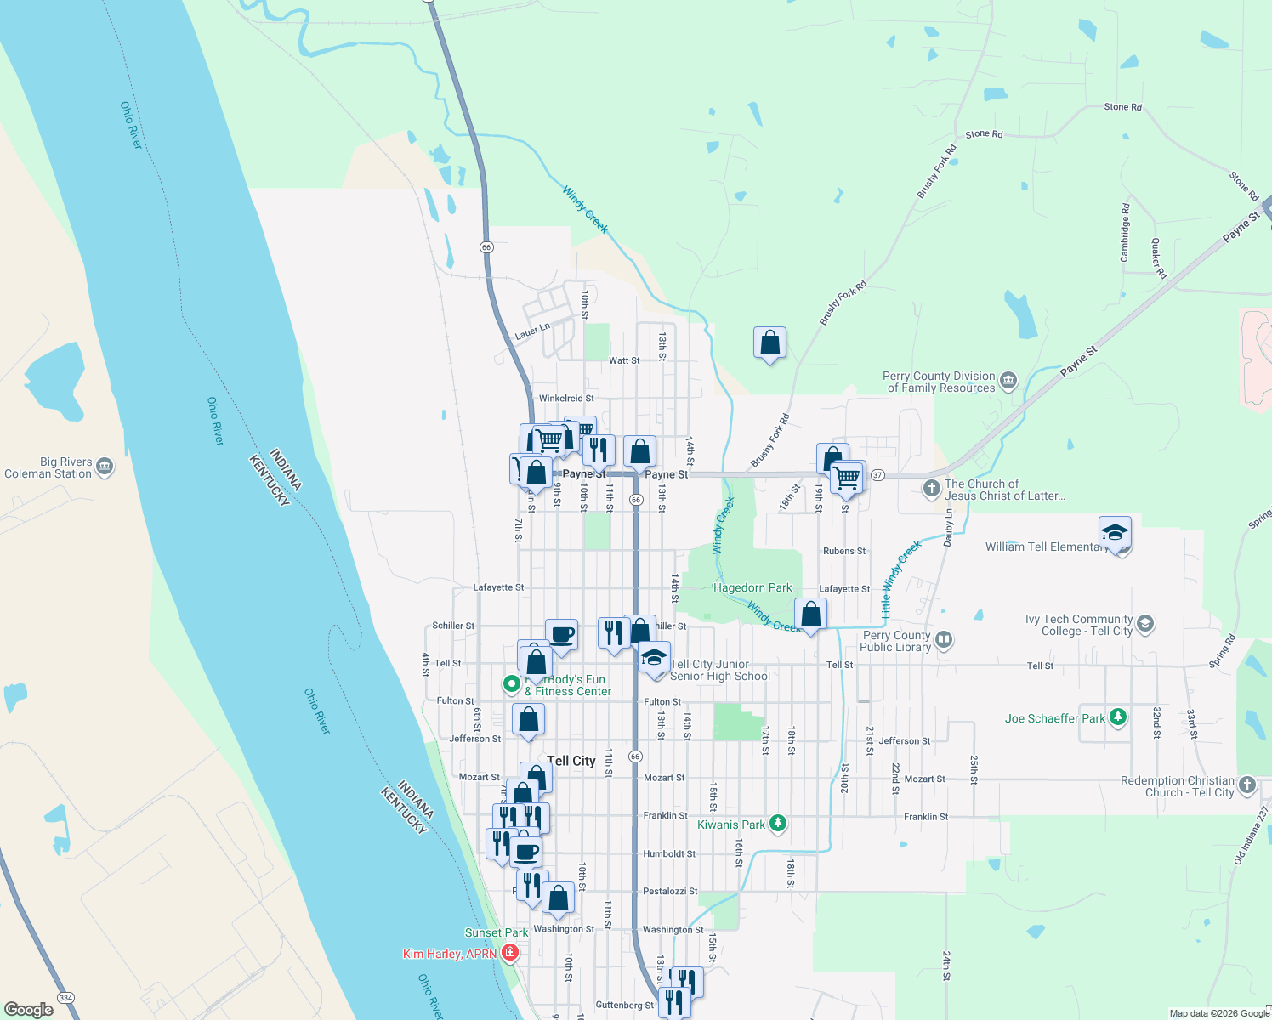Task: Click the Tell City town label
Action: (571, 761)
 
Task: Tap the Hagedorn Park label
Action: (752, 587)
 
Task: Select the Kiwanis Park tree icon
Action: (777, 823)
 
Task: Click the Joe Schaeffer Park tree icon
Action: (1118, 717)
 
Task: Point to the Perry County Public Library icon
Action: (943, 639)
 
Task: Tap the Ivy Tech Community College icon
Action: (1144, 624)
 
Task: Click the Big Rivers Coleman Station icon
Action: (105, 466)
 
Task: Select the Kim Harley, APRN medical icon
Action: (510, 953)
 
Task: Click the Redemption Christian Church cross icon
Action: (1246, 785)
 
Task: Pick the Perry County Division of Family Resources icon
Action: (1008, 380)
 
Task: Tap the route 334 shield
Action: (65, 997)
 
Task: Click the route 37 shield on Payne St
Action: (877, 474)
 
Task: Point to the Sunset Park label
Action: (497, 932)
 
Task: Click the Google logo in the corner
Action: (29, 1009)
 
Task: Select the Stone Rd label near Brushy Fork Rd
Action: (984, 134)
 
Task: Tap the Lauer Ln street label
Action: (532, 331)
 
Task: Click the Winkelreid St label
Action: (566, 398)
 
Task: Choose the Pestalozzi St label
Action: (670, 891)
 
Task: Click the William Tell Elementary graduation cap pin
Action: (1115, 532)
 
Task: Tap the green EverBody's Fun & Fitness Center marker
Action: (511, 683)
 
